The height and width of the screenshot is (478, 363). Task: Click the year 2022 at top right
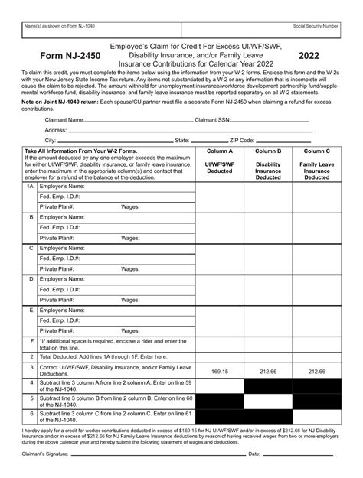(x=309, y=56)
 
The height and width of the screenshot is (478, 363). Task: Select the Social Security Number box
(x=313, y=31)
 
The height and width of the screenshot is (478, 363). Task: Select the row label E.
(x=31, y=311)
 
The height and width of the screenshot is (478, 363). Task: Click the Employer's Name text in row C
(x=61, y=249)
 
